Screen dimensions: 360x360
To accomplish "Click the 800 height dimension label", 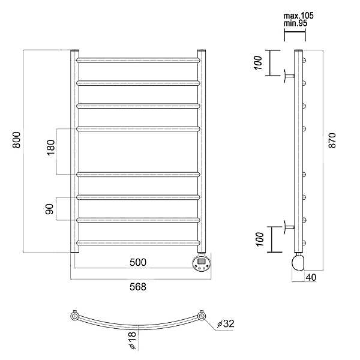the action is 17,140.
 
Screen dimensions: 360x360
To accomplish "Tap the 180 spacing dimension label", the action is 51,148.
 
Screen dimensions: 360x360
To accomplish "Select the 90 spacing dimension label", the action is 49,209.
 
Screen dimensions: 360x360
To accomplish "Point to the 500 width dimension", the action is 138,262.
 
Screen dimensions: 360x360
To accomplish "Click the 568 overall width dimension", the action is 138,287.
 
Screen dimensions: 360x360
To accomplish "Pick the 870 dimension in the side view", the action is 332,140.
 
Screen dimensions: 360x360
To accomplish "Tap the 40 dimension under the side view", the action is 311,277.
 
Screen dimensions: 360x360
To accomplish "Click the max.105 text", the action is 298,16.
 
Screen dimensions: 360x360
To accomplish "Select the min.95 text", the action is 295,23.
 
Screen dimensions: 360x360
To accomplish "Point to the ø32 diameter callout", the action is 226,323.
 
